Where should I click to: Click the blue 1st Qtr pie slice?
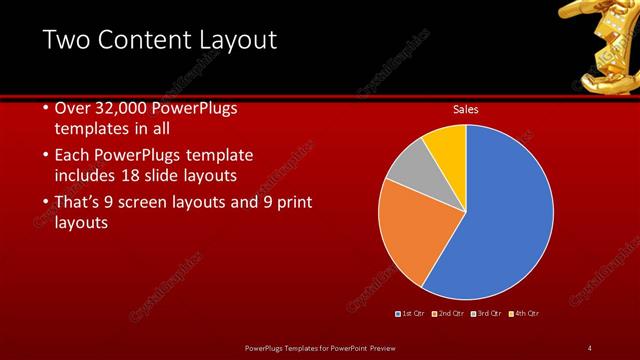[x=505, y=215]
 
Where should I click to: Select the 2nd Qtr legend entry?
[x=448, y=314]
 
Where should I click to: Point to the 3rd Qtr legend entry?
[x=486, y=314]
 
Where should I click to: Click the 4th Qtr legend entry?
[x=524, y=314]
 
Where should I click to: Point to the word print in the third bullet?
[x=292, y=203]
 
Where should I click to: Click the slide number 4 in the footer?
[x=589, y=347]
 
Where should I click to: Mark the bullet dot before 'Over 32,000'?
[x=46, y=109]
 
